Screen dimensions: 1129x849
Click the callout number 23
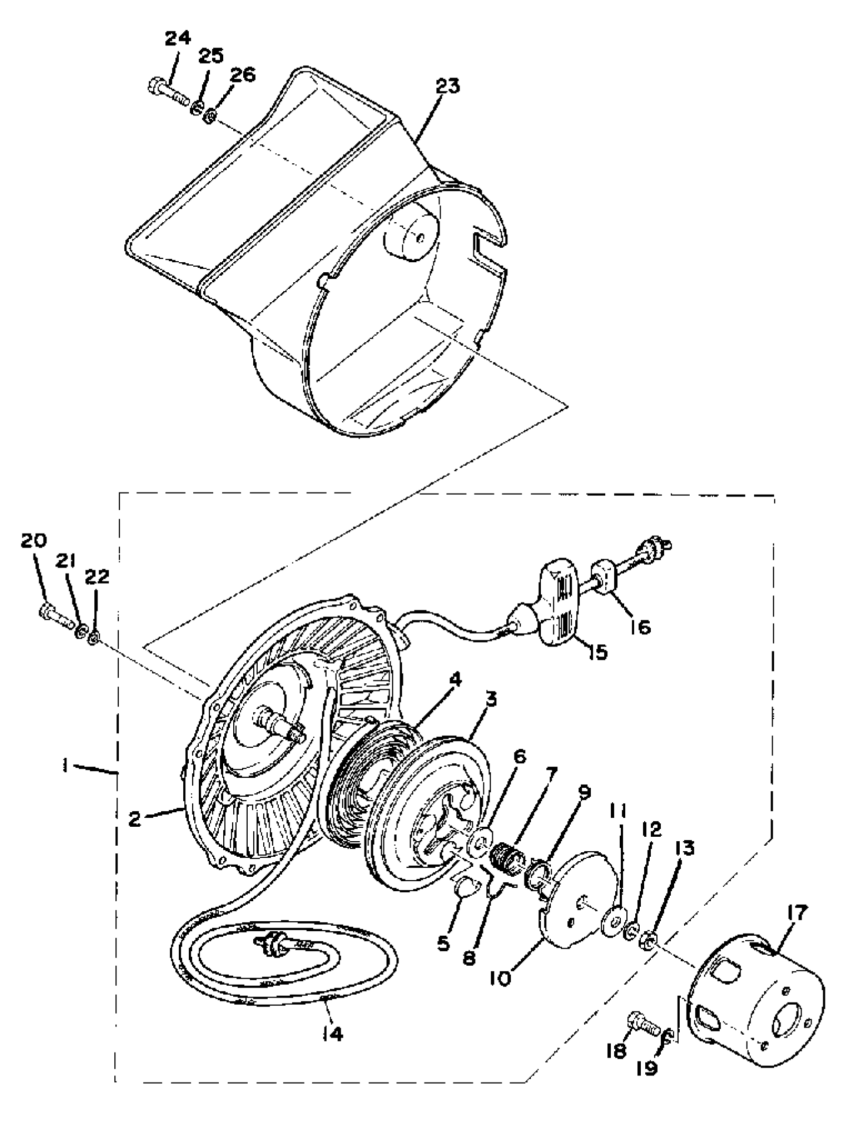[x=447, y=86]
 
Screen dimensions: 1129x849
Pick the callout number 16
[x=640, y=627]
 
